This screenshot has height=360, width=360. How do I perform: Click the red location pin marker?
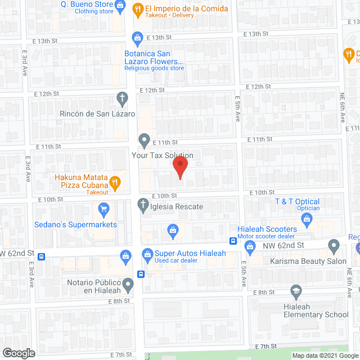pyautogui.click(x=179, y=168)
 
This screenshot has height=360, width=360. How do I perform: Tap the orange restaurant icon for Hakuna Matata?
pyautogui.click(x=115, y=181)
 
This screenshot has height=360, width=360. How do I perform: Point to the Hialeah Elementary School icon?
pyautogui.click(x=295, y=291)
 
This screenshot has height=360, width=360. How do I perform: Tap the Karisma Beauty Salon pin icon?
pyautogui.click(x=334, y=246)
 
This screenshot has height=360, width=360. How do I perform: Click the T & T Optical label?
pyautogui.click(x=297, y=201)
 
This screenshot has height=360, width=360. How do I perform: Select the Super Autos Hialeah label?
pyautogui.click(x=190, y=253)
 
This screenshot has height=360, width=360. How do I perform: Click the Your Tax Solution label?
pyautogui.click(x=162, y=155)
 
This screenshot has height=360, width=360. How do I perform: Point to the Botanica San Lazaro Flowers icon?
pyautogui.click(x=137, y=39)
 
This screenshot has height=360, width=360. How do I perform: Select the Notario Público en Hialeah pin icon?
pyautogui.click(x=129, y=286)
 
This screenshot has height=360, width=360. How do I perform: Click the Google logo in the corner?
pyautogui.click(x=19, y=353)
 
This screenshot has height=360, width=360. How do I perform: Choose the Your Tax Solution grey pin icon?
pyautogui.click(x=144, y=139)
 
